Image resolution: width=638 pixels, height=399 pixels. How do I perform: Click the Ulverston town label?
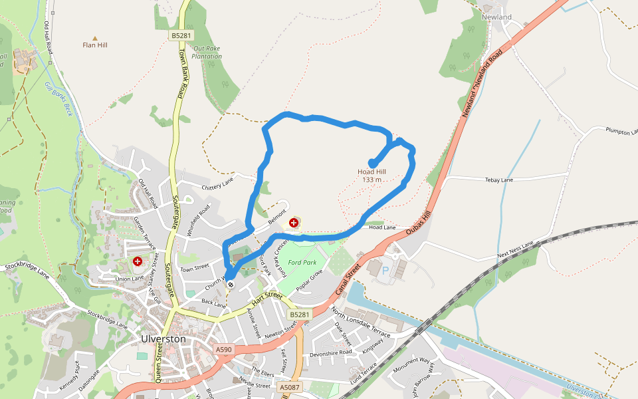163,338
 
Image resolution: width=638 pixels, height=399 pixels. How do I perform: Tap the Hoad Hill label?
372,176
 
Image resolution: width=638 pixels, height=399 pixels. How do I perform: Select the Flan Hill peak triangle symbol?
95,38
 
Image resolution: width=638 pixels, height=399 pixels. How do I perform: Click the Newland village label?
497,17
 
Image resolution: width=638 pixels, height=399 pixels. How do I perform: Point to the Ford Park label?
302,263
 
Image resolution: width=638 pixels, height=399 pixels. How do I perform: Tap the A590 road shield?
224,349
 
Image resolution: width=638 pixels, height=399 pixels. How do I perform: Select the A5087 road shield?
289,387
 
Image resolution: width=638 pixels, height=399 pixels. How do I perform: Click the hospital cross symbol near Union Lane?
137,262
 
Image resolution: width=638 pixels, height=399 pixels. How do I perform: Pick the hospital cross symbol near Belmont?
294,223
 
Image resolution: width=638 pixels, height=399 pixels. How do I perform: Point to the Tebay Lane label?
499,180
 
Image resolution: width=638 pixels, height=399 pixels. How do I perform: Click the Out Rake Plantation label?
207,53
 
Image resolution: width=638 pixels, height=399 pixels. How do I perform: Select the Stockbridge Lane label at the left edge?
27,273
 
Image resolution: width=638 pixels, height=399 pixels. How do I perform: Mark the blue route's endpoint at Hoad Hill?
372,163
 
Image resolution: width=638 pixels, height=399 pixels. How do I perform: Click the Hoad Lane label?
382,227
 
